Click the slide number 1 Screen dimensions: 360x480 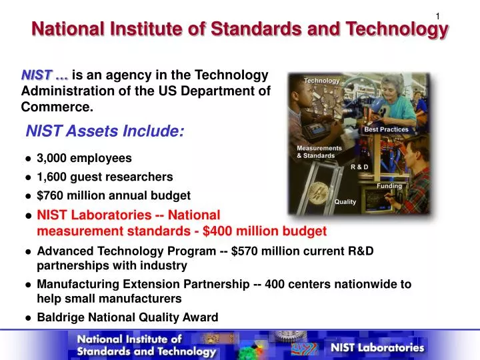coord(437,16)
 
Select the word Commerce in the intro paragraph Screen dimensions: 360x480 coord(57,107)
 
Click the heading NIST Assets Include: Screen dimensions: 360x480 coord(105,131)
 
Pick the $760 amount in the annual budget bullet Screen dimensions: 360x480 coord(50,195)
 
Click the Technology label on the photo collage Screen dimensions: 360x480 coord(322,81)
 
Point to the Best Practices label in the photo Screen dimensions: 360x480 coord(386,129)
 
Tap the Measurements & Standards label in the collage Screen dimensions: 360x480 coord(319,152)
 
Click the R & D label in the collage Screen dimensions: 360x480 coord(359,166)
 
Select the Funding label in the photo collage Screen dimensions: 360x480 coord(389,186)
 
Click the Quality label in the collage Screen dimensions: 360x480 coord(345,201)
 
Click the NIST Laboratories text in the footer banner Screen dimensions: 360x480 coord(377,347)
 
